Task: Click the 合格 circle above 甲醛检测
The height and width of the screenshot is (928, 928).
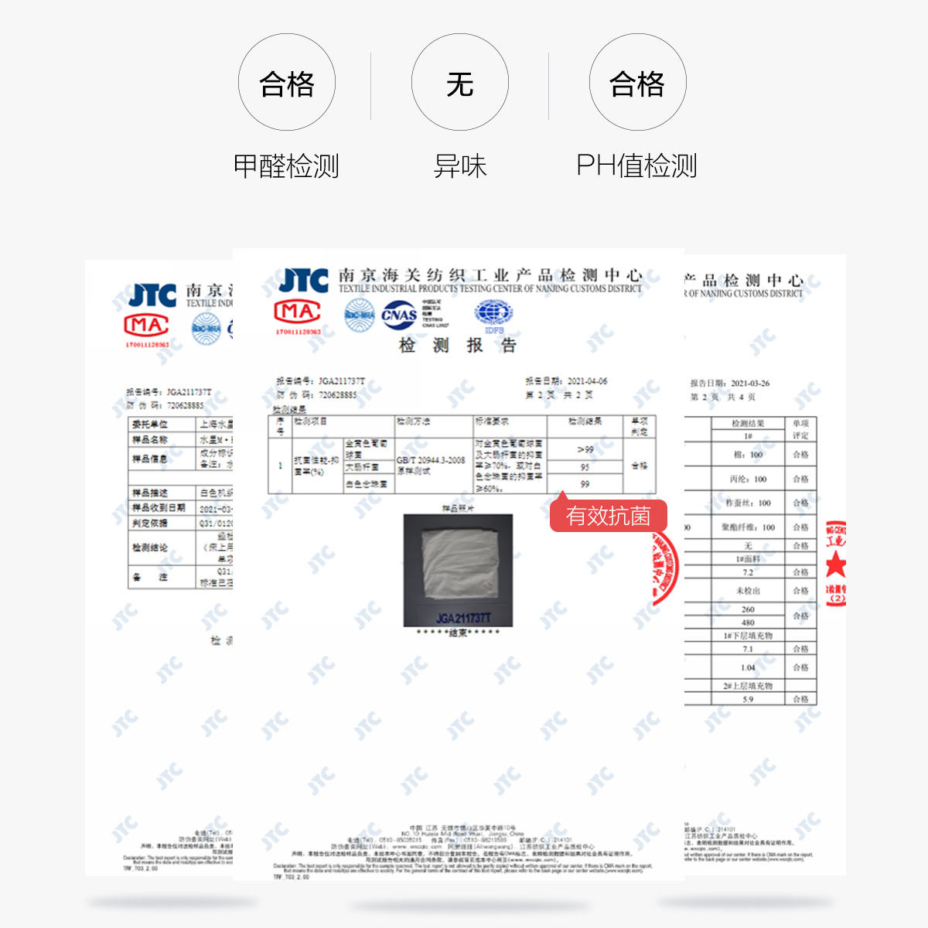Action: [x=287, y=83]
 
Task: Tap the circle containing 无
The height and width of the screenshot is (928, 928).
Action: [x=460, y=83]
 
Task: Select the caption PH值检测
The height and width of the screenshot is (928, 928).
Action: [x=636, y=165]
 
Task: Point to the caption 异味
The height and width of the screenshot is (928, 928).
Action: [x=460, y=165]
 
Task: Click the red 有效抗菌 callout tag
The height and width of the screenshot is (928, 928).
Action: [x=608, y=516]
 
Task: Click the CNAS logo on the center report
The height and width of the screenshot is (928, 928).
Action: [x=399, y=315]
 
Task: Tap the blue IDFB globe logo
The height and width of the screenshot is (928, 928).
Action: [x=493, y=315]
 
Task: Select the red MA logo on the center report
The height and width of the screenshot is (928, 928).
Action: [x=298, y=312]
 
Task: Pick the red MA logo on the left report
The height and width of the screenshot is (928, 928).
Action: [x=147, y=325]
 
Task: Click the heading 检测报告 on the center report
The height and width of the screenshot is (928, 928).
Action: [x=457, y=345]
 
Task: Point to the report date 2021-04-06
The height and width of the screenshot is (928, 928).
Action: [x=587, y=381]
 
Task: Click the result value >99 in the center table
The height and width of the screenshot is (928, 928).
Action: [x=585, y=449]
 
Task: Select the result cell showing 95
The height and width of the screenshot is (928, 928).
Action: [x=585, y=467]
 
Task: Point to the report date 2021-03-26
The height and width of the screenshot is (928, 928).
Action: [x=749, y=383]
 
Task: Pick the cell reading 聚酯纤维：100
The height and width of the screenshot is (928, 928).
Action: [x=748, y=527]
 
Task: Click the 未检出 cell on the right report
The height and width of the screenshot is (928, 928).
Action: [x=748, y=591]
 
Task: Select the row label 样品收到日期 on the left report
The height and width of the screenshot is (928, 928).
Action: [x=159, y=508]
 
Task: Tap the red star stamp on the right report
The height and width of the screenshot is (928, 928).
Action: [x=835, y=565]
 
